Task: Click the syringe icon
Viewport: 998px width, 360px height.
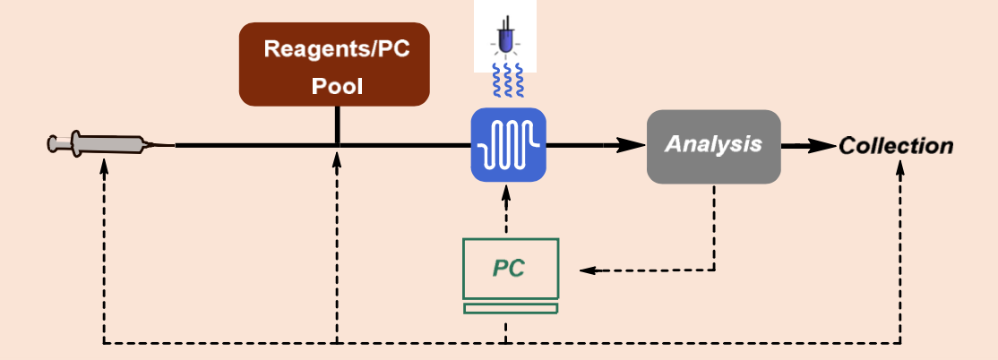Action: click(109, 145)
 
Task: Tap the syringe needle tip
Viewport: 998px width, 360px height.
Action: click(176, 146)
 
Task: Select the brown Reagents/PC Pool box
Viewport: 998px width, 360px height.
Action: click(334, 64)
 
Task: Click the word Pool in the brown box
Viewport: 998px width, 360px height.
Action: click(337, 86)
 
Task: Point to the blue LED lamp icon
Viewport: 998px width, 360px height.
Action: click(505, 39)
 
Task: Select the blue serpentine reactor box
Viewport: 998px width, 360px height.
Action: click(509, 145)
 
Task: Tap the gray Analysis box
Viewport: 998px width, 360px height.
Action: click(713, 146)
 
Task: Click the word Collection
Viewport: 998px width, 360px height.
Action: click(896, 146)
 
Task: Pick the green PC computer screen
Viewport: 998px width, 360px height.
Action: click(511, 269)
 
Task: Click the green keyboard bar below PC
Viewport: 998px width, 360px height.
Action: click(511, 308)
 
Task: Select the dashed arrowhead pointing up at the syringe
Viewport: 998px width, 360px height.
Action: click(104, 166)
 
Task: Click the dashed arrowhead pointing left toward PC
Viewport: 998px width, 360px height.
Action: click(587, 270)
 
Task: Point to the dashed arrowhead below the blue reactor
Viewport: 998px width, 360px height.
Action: click(506, 193)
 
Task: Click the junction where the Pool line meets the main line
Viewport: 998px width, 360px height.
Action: click(338, 146)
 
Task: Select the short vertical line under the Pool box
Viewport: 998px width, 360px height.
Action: click(338, 124)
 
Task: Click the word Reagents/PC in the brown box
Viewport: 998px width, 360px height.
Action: click(337, 49)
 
